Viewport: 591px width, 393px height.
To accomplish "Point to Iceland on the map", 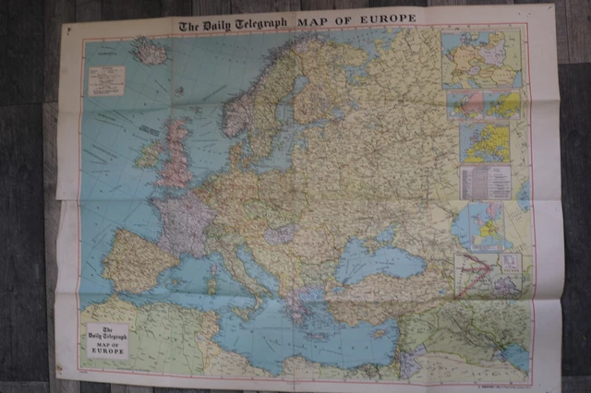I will point(151,51).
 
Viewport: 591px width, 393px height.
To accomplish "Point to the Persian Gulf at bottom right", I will point(513,356).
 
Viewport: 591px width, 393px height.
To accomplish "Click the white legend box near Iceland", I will point(106,80).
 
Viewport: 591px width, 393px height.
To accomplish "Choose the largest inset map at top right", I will point(480,59).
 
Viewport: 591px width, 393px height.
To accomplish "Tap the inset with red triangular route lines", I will point(488,274).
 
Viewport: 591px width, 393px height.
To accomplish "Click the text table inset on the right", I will point(485,182).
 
